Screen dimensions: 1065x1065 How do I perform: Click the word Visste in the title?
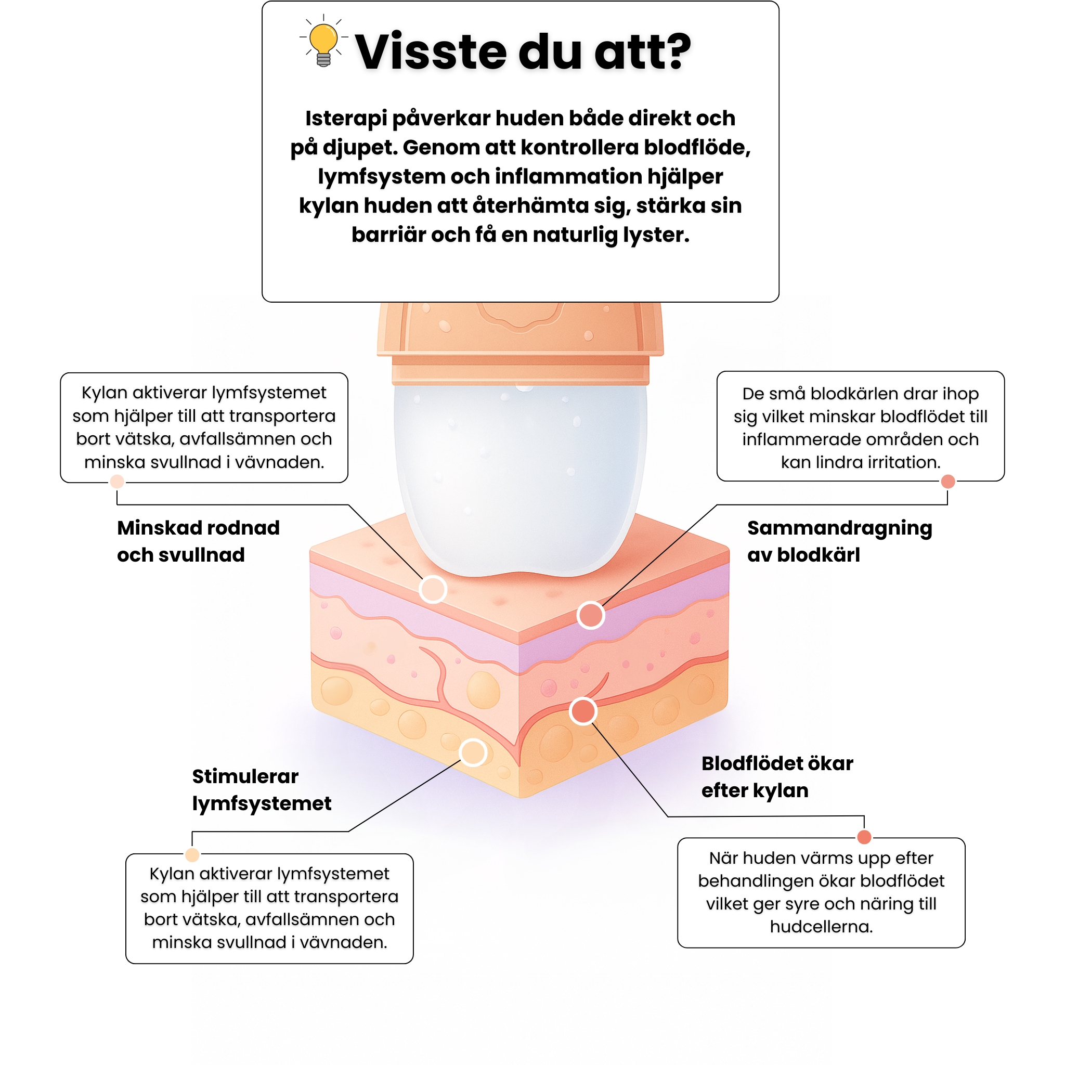430,52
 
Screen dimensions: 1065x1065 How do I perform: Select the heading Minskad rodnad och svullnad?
199,541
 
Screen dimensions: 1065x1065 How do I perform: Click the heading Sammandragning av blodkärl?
839,541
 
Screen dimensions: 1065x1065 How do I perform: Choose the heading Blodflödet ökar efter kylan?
777,776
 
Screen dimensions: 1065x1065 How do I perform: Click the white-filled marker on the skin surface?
433,589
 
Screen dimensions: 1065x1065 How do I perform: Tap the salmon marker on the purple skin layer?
590,615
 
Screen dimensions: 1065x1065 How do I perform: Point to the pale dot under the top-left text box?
117,481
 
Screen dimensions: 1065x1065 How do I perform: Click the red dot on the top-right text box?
948,481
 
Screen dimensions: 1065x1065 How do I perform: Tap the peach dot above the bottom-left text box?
192,854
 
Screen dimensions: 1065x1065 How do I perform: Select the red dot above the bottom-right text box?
864,837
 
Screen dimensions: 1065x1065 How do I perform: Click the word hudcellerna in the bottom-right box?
821,927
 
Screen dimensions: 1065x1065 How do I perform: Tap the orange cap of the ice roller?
521,342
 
